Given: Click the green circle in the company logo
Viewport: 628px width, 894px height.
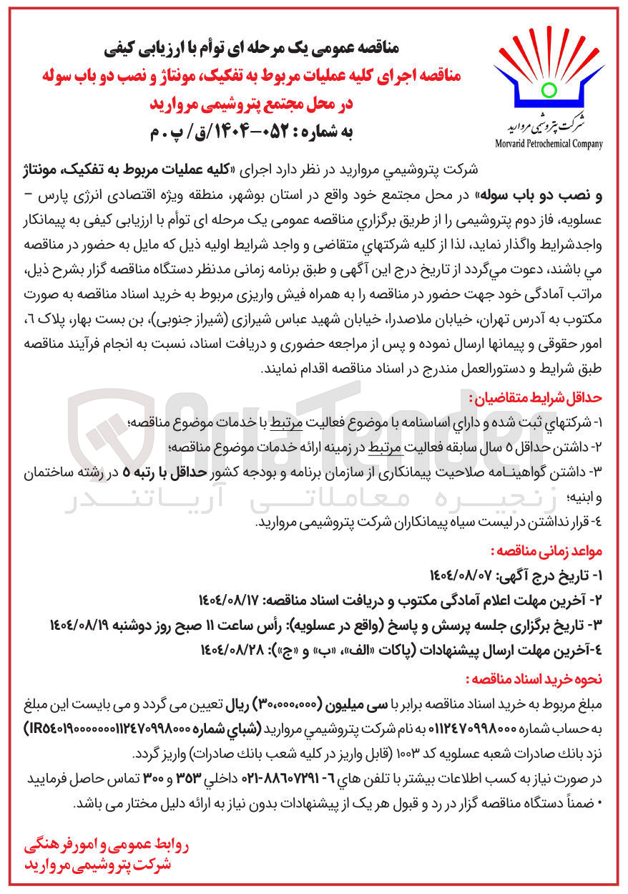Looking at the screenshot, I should (549, 89).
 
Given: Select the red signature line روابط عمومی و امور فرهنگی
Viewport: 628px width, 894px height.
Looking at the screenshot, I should (108, 847).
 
